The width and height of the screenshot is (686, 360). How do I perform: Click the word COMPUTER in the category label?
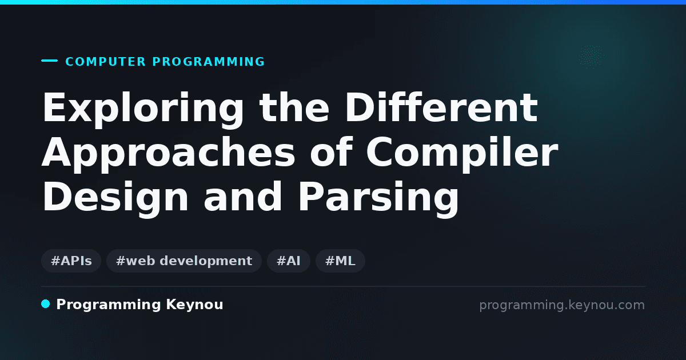coord(105,62)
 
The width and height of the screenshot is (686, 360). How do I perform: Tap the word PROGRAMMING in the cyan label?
coord(209,62)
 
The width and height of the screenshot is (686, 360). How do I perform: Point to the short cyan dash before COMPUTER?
coord(49,61)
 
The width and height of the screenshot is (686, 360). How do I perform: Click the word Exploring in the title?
coord(143,109)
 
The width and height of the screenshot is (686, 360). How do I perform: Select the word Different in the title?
coord(441,107)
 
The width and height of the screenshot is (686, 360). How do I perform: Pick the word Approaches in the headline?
coord(168,154)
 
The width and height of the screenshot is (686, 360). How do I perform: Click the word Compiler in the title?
coord(462,154)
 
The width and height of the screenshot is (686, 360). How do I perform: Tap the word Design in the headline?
coord(115,198)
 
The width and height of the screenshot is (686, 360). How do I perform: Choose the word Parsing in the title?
coord(378,198)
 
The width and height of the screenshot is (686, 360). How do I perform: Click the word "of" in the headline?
coord(331,152)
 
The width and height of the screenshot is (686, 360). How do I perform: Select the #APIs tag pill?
coord(71,261)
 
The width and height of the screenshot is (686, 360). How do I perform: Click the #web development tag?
coord(184,261)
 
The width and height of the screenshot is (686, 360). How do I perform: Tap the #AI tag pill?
coord(289,261)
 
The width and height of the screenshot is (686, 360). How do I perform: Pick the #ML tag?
coord(340,261)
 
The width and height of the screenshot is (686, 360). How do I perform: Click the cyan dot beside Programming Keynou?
coord(46,304)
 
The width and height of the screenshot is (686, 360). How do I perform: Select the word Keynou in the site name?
coord(194,305)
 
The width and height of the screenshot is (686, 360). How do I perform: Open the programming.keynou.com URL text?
coord(562,305)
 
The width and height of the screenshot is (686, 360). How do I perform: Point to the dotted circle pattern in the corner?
coord(591,56)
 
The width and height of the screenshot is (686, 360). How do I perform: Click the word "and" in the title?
coord(242,197)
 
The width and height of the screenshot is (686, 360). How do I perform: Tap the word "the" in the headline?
coord(294,107)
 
